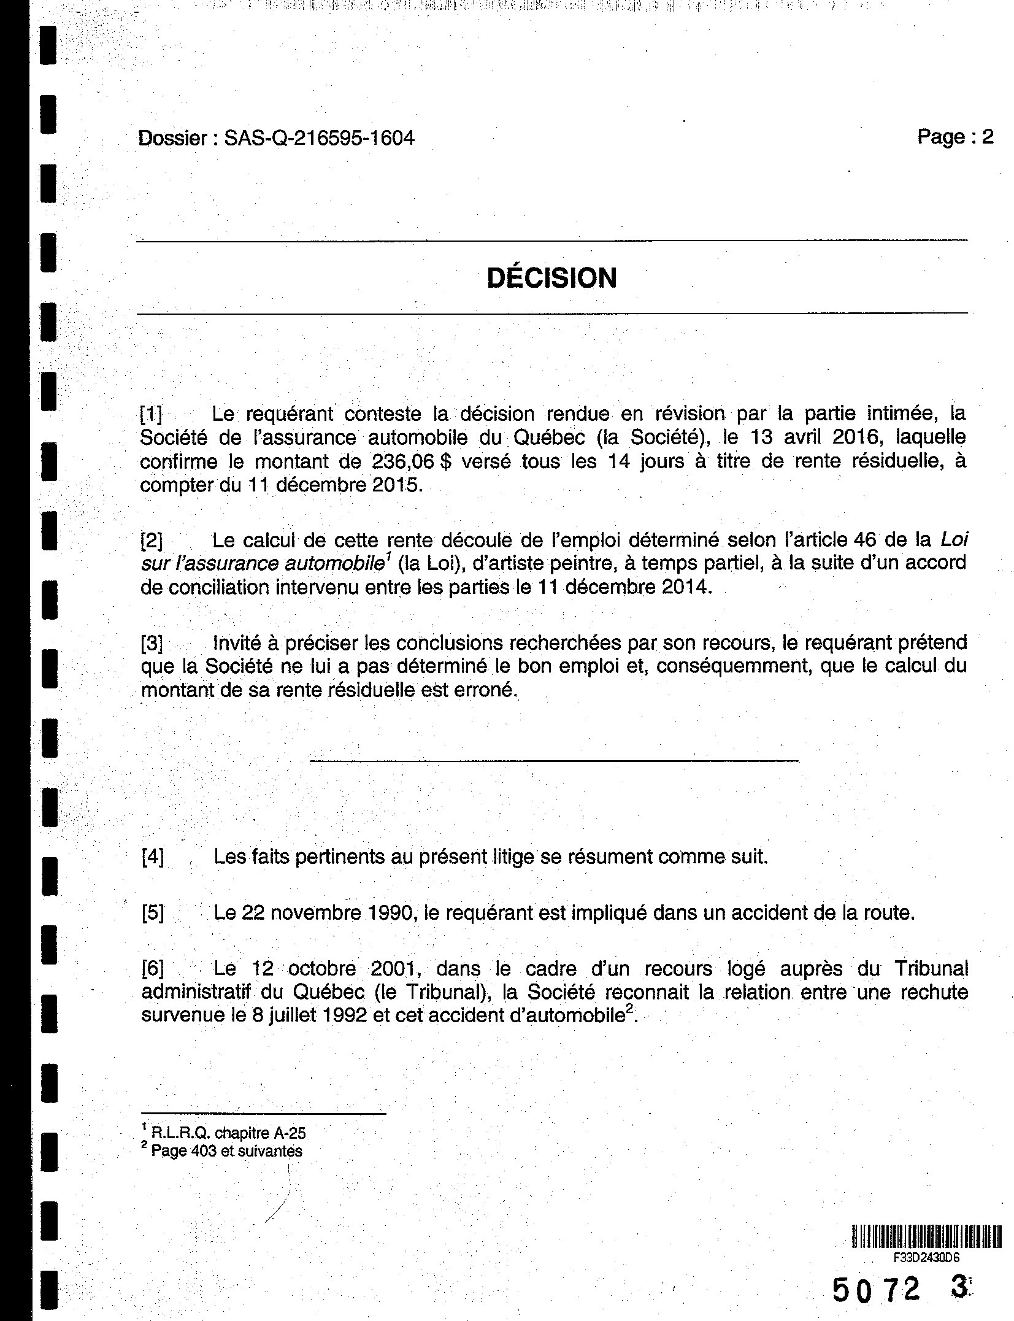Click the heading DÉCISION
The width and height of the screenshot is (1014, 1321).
[551, 278]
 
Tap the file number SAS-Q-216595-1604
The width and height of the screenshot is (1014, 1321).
[319, 138]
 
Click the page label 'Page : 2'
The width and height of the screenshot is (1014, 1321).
[954, 136]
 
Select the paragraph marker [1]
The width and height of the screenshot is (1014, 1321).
[152, 415]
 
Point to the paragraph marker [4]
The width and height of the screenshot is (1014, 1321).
[153, 857]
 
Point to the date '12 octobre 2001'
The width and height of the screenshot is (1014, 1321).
[339, 969]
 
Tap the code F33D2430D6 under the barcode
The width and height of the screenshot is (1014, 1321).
[926, 1257]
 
